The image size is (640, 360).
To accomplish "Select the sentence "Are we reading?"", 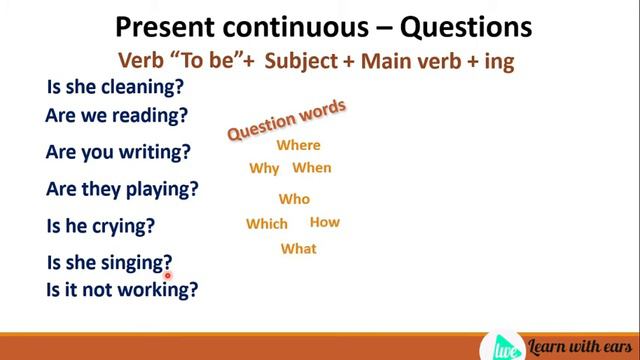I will (x=116, y=116).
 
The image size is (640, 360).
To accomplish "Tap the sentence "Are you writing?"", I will (x=118, y=153).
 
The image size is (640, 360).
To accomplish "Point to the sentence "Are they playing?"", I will (x=122, y=189).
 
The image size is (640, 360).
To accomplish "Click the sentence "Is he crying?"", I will (x=101, y=226).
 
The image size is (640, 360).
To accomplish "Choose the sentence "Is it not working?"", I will (x=122, y=290).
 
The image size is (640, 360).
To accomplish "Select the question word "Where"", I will (x=298, y=145).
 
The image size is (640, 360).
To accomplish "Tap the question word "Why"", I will (x=264, y=168).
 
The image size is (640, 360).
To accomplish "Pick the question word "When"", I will (x=312, y=168).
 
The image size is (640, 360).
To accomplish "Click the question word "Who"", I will (x=294, y=199).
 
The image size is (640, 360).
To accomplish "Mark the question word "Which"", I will (x=267, y=224).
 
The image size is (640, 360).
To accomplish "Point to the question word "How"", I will (x=325, y=223).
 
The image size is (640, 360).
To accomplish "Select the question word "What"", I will (x=298, y=249).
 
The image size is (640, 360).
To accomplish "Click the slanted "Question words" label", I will (x=287, y=119).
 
